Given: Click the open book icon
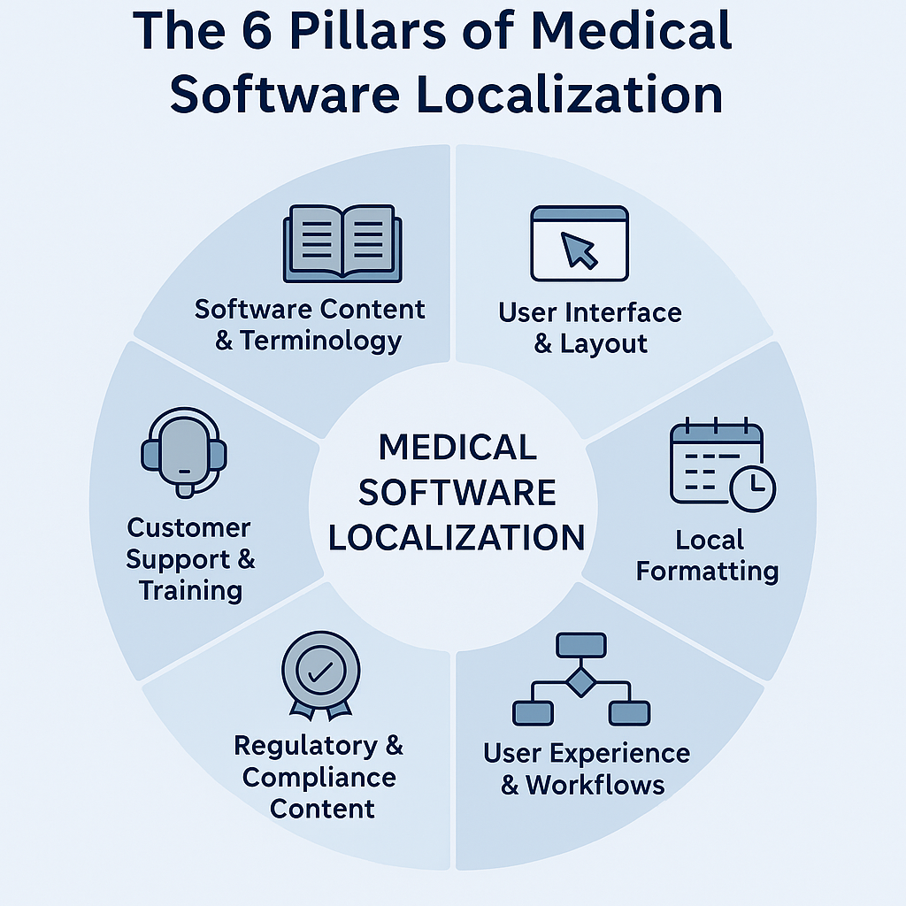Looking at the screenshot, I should (342, 243).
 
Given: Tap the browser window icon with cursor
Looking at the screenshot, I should (580, 243).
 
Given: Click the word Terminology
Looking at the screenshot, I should (319, 341).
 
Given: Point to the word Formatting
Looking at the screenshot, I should (707, 571).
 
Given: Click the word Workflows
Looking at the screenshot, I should (595, 784).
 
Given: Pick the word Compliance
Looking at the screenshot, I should (319, 778).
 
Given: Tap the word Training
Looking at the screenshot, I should (190, 590).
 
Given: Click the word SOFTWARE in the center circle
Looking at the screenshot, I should (457, 492).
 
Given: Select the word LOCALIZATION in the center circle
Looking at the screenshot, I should (457, 537).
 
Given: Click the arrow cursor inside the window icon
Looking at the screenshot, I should (580, 251).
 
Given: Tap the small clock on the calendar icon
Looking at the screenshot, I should (753, 489).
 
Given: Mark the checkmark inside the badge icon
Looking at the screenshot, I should (320, 670).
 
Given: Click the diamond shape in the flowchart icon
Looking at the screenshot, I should (581, 682).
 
